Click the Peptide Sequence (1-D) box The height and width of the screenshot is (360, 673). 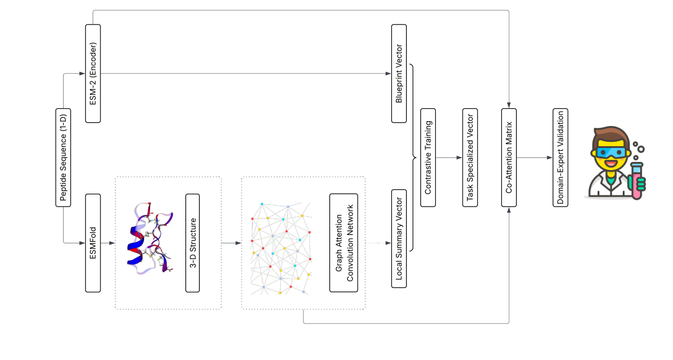point(63,157)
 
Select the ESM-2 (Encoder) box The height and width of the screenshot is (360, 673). point(93,74)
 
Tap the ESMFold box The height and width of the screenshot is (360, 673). point(93,243)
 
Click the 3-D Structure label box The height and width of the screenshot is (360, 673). point(193,243)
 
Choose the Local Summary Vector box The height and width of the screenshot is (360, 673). point(398,239)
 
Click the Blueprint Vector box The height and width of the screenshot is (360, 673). point(398,74)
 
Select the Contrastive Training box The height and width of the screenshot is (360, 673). point(428,157)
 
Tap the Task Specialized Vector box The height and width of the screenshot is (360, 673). point(469,157)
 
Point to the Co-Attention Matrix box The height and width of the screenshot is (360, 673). point(509,157)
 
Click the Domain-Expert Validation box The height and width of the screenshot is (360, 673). point(560,157)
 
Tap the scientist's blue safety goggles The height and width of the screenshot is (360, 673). point(610,152)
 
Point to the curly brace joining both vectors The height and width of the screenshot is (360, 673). point(414,157)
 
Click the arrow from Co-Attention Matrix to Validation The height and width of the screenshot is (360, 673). point(535,157)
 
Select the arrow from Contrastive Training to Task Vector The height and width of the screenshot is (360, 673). point(449,157)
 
